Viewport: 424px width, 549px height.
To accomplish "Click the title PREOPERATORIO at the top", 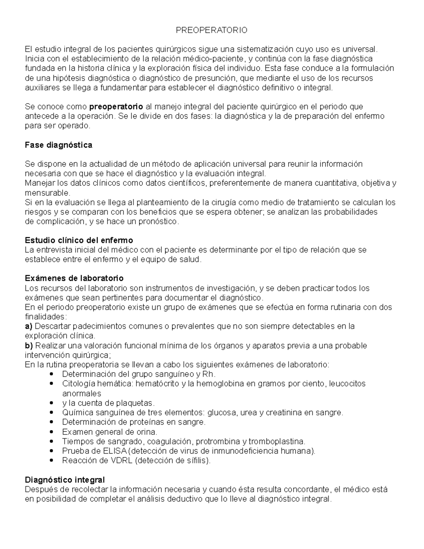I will pyautogui.click(x=212, y=30).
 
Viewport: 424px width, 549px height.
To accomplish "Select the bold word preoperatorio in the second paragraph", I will pyautogui.click(x=116, y=107).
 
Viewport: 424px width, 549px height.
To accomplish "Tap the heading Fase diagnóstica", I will pyautogui.click(x=59, y=145).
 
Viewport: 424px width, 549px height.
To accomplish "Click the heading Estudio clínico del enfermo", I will pyautogui.click(x=79, y=240).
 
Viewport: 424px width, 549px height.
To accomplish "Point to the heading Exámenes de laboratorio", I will pyautogui.click(x=74, y=279).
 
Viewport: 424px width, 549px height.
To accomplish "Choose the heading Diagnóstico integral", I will pyautogui.click(x=65, y=480).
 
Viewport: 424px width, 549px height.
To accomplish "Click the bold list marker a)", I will pyautogui.click(x=29, y=326).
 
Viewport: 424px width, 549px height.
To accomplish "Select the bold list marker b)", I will pyautogui.click(x=29, y=345).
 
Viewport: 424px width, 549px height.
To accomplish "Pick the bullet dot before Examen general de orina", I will pyautogui.click(x=52, y=432).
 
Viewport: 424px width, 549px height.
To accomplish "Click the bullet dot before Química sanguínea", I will pyautogui.click(x=52, y=413).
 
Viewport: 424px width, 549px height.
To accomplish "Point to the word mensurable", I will pyautogui.click(x=47, y=193).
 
